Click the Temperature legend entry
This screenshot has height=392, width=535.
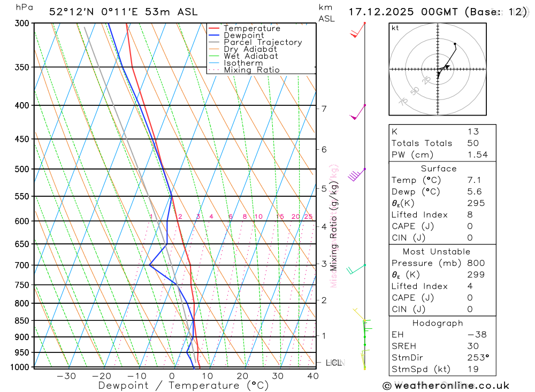251,28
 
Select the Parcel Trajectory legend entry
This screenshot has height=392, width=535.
262,42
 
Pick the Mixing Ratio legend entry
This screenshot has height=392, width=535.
251,70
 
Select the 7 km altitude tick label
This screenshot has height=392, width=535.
324,109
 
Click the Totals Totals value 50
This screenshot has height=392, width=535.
472,143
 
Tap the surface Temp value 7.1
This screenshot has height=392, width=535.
473,180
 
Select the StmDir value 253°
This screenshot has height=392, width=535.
477,358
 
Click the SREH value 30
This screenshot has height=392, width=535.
472,346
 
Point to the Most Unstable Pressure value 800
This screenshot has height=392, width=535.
476,263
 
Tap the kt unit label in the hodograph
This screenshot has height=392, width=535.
395,28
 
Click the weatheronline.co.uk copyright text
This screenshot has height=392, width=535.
446,386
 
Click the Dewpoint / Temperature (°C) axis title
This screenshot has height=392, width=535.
184,386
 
